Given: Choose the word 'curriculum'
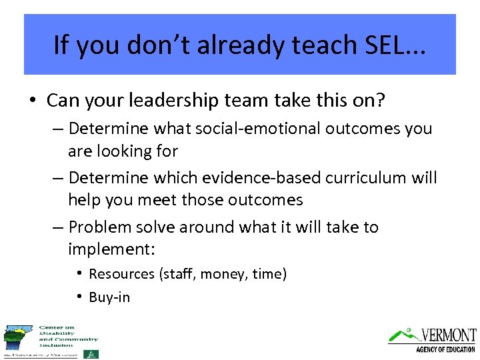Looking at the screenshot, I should click(x=367, y=178).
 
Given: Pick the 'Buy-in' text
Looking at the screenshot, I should click(x=109, y=297).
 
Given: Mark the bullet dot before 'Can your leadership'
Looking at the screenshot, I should click(x=33, y=101).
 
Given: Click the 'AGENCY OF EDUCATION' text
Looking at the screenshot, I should click(x=445, y=349).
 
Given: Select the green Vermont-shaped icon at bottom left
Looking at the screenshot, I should click(x=17, y=337).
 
